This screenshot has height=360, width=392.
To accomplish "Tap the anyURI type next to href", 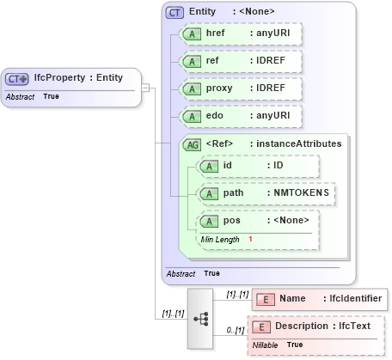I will [273, 34].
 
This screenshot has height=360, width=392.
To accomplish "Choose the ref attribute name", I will [212, 61].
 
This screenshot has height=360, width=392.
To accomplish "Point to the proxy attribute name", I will [220, 88].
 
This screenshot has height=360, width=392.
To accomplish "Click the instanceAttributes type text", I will [296, 143].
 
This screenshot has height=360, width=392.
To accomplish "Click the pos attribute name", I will [231, 221].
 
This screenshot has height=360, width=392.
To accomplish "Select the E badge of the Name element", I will [266, 298].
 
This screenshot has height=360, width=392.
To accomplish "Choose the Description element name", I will [303, 326].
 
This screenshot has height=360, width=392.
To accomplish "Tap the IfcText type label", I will [353, 326].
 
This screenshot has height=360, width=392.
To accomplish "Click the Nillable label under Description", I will [266, 344].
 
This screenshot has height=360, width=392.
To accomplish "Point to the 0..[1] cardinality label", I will [235, 330].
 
